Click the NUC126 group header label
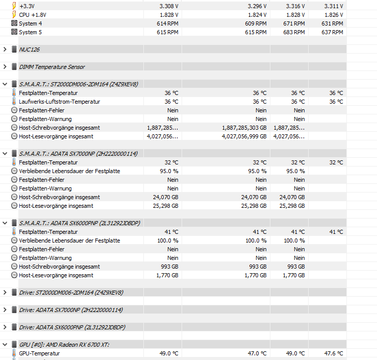[x=29, y=50]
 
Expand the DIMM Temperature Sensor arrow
[x=5, y=67]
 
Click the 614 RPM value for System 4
[x=168, y=23]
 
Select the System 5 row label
[x=31, y=32]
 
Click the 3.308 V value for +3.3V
[x=169, y=6]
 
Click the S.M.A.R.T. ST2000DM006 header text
[x=79, y=84]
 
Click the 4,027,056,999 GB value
[x=244, y=136]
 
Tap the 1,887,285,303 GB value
[x=244, y=128]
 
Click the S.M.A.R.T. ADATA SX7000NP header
[x=79, y=154]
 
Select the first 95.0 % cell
[x=169, y=171]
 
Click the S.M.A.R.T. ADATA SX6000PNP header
[x=80, y=223]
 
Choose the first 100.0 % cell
[x=168, y=241]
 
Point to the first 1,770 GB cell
[x=167, y=275]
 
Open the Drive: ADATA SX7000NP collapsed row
[x=71, y=310]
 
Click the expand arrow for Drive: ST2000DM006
[x=5, y=293]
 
